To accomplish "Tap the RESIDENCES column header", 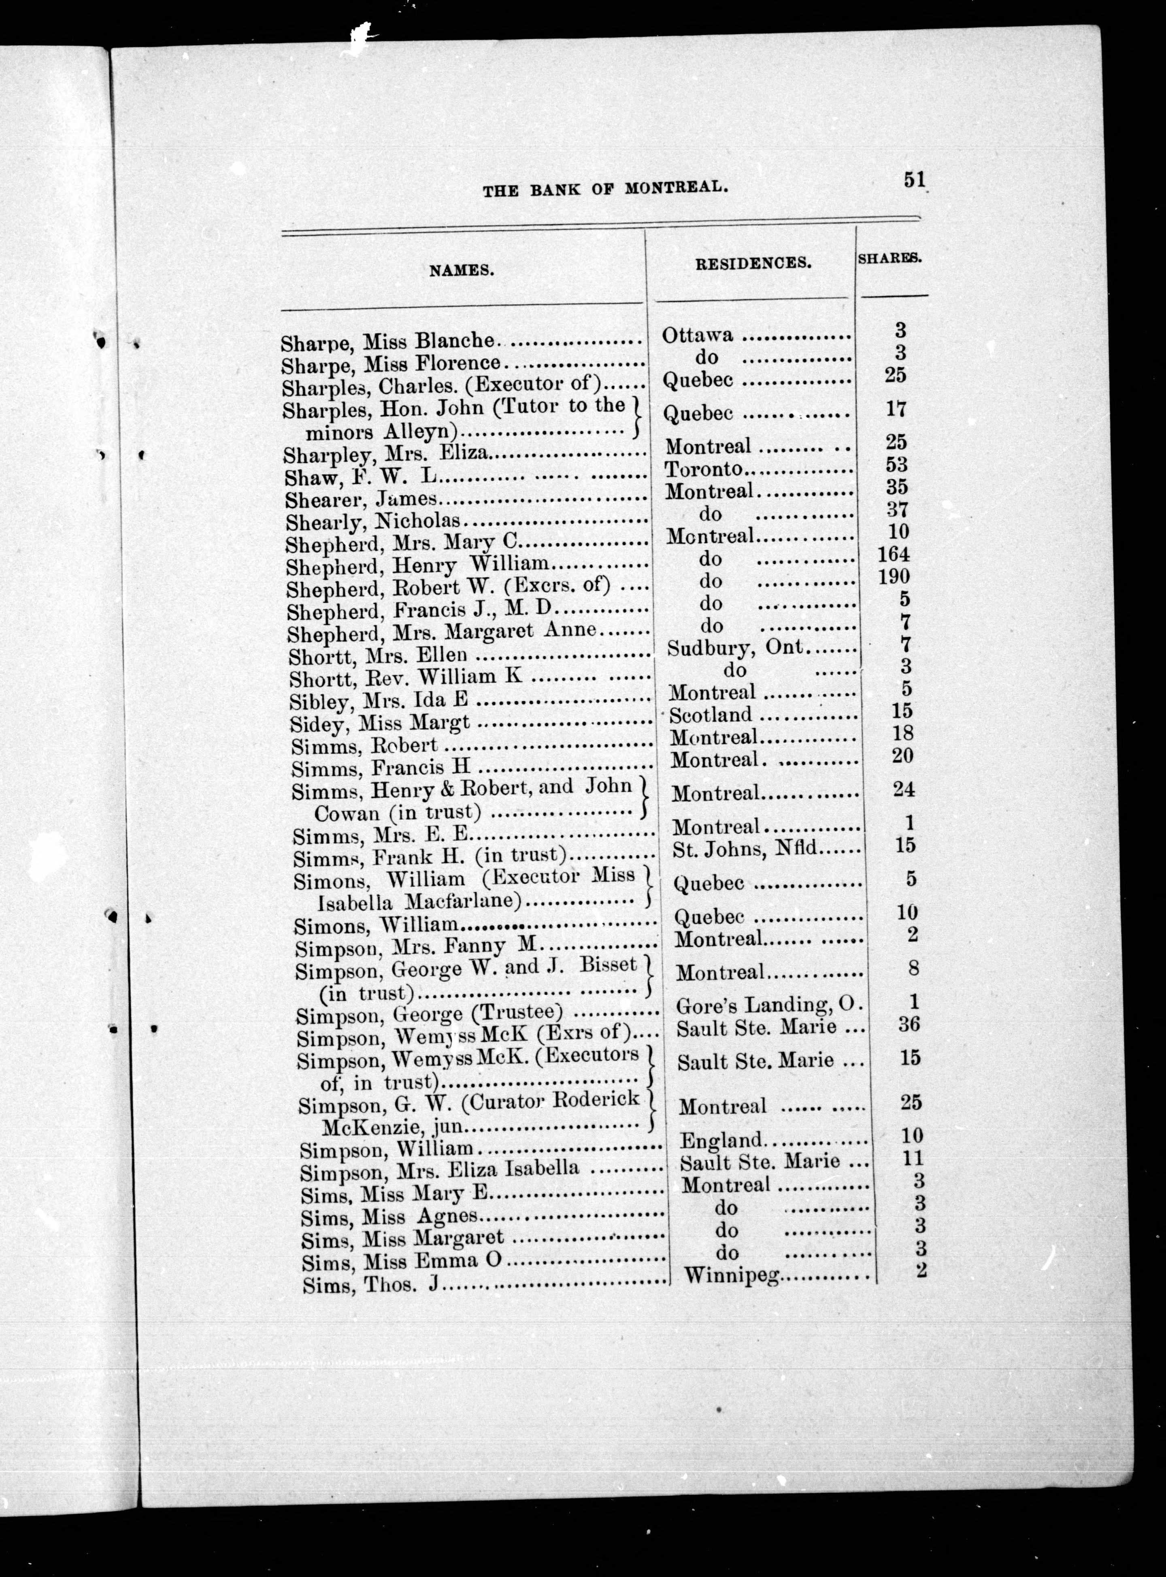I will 753,263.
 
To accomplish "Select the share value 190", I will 894,576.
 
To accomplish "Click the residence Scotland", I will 711,715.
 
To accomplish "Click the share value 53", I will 896,465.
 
